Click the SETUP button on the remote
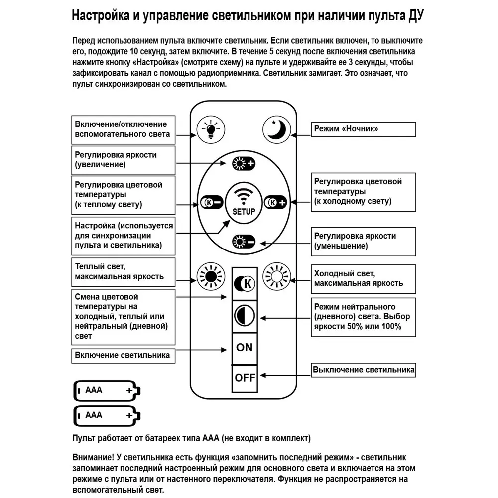pos(244,203)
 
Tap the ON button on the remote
pos(245,347)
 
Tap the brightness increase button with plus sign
pos(244,163)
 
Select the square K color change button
pos(245,284)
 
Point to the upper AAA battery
pos(107,391)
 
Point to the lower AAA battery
pos(107,415)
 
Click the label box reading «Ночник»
pos(364,129)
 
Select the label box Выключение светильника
pos(364,370)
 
